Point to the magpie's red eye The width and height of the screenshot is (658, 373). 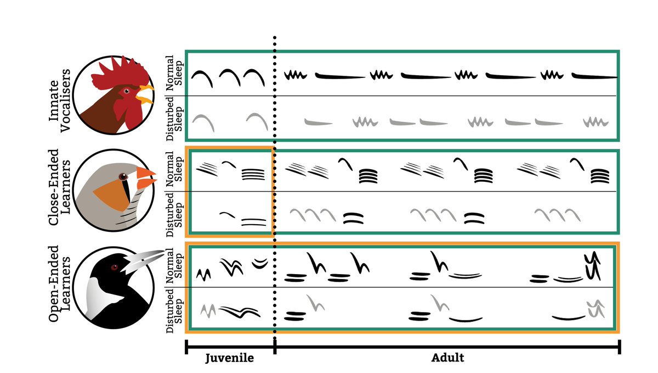pos(114,268)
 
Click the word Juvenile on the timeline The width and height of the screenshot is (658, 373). pos(230,358)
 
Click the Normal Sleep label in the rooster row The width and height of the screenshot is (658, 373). pos(174,73)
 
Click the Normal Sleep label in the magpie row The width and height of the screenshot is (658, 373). pos(174,266)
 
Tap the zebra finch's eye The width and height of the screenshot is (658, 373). pos(123,176)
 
